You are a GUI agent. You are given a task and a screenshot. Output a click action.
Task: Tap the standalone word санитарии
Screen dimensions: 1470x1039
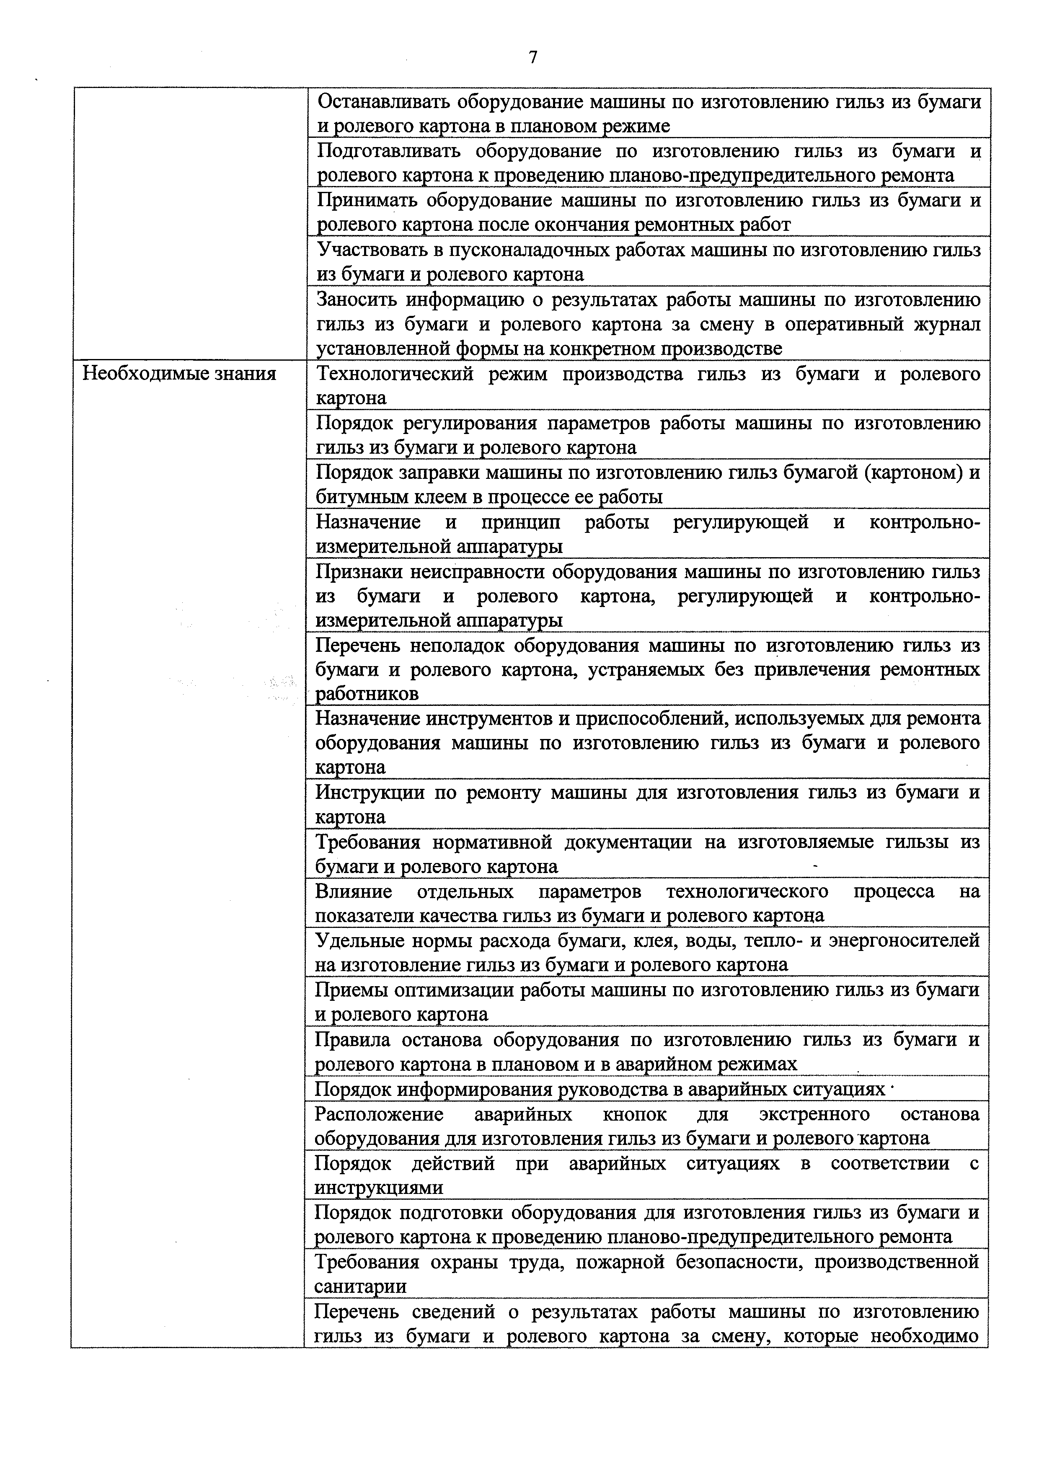tap(360, 1286)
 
